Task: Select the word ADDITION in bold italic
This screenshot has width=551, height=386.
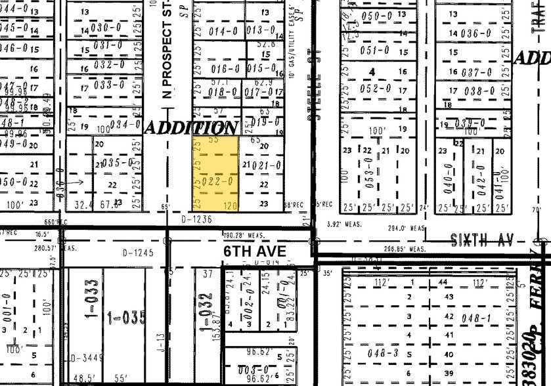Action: pos(190,127)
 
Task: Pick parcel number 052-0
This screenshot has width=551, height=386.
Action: pos(376,89)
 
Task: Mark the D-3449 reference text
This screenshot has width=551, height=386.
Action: pos(84,358)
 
